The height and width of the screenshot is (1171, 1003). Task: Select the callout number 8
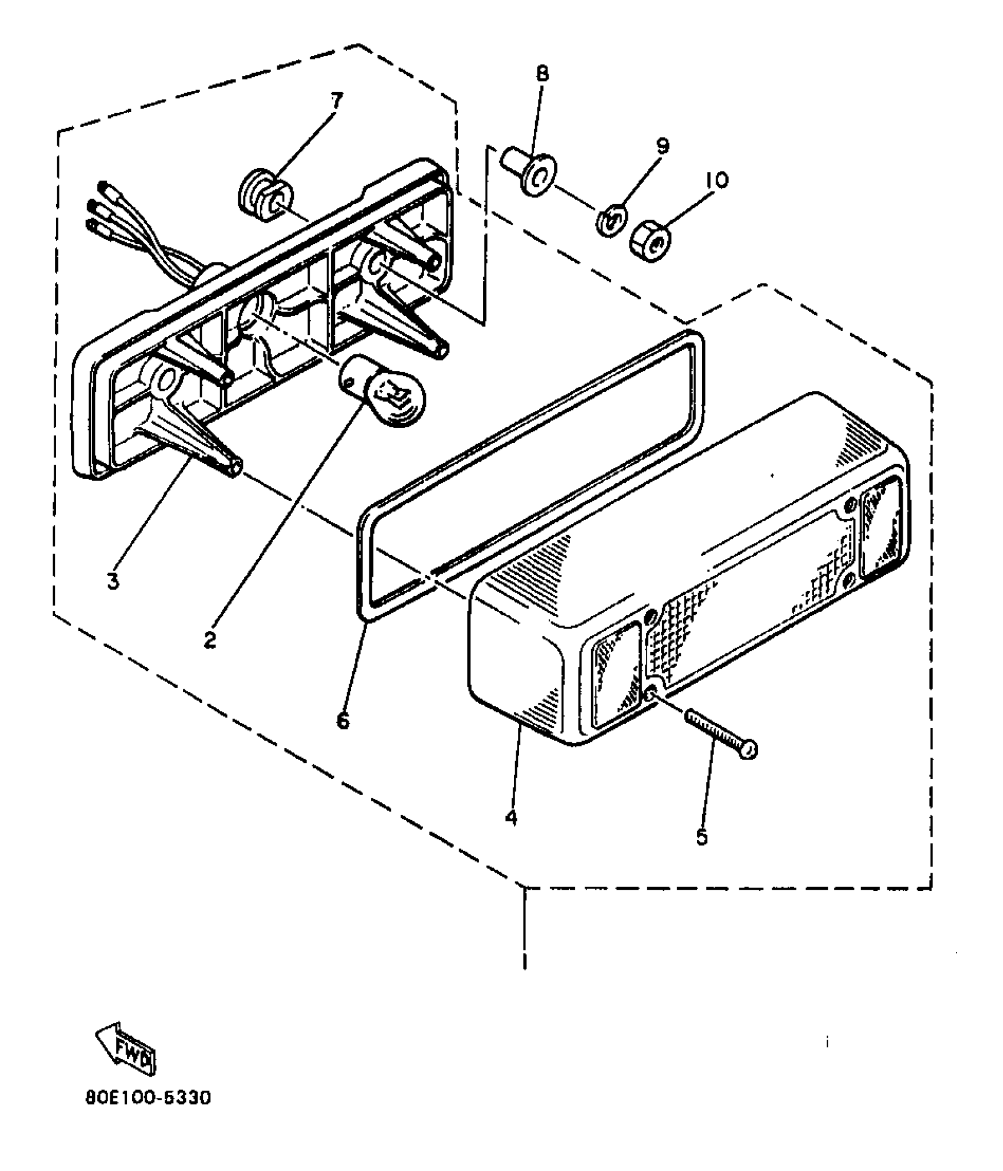click(542, 74)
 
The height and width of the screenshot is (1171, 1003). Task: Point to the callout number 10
click(716, 179)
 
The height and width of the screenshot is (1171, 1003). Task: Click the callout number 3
click(113, 580)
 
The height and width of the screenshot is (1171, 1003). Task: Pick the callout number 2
click(209, 639)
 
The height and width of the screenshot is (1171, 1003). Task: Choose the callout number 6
click(343, 719)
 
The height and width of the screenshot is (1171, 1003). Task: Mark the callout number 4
click(511, 817)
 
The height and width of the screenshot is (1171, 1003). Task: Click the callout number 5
click(701, 836)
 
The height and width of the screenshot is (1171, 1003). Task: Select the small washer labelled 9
click(611, 220)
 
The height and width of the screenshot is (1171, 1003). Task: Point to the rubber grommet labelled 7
click(262, 196)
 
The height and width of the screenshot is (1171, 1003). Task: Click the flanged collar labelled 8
click(531, 175)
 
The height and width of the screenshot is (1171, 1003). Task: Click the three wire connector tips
click(97, 206)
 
